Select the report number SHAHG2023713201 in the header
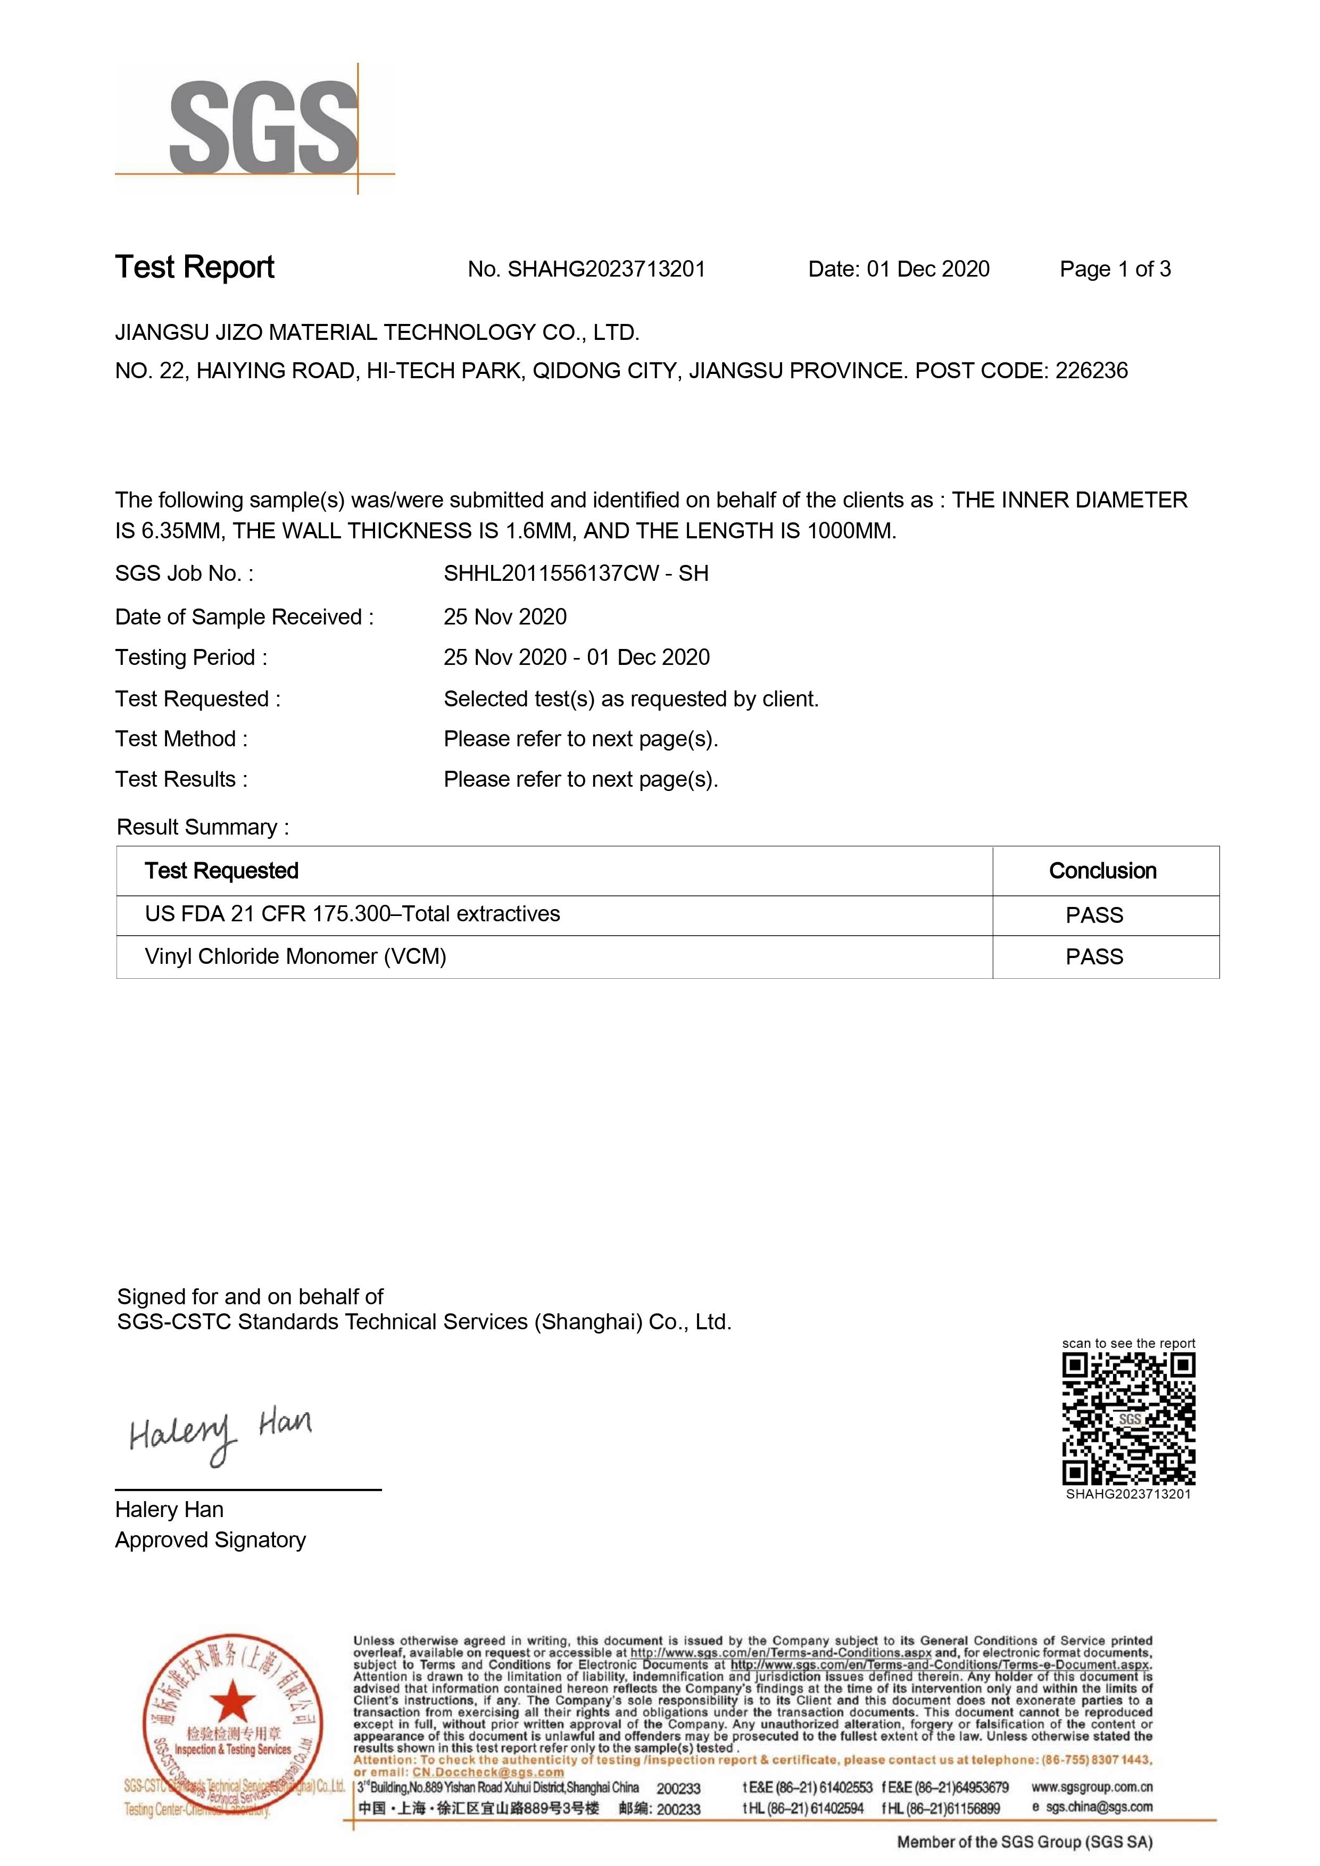[x=607, y=269]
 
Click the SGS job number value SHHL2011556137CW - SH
[x=576, y=574]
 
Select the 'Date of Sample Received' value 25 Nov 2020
[x=505, y=617]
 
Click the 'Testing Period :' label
[x=191, y=657]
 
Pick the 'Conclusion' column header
[x=1102, y=871]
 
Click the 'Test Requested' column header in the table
[x=221, y=871]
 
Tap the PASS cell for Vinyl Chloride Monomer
[x=1094, y=957]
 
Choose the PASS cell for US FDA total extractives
[x=1094, y=915]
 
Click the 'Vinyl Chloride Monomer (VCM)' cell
[x=295, y=956]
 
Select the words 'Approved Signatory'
[x=211, y=1540]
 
